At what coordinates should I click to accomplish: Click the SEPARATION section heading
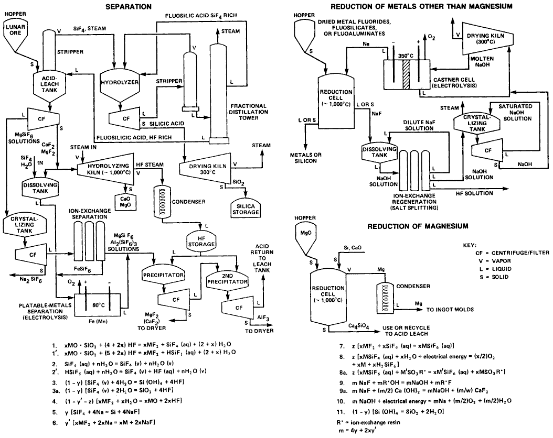coord(128,6)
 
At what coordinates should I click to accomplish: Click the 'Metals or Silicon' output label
coord(305,158)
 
